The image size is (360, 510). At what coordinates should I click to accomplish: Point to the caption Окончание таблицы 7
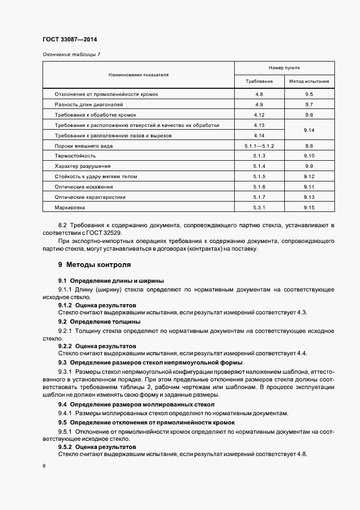click(x=71, y=54)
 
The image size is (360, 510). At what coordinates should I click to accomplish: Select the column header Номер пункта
click(x=284, y=68)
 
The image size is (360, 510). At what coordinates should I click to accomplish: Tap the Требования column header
click(x=259, y=82)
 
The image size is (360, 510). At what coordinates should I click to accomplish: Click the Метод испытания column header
click(x=309, y=82)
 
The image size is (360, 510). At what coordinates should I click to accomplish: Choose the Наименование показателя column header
click(x=138, y=75)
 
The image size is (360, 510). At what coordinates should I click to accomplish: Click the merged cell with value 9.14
click(x=309, y=130)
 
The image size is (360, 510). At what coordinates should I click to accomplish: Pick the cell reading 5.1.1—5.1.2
click(x=259, y=146)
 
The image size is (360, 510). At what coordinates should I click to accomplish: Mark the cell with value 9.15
click(x=309, y=208)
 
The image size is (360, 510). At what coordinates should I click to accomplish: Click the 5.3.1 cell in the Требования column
click(x=259, y=208)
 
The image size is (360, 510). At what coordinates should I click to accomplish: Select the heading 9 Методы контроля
click(x=94, y=265)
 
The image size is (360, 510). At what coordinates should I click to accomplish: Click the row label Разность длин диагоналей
click(x=89, y=104)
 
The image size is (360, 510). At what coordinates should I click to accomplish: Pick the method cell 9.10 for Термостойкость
click(x=309, y=156)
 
